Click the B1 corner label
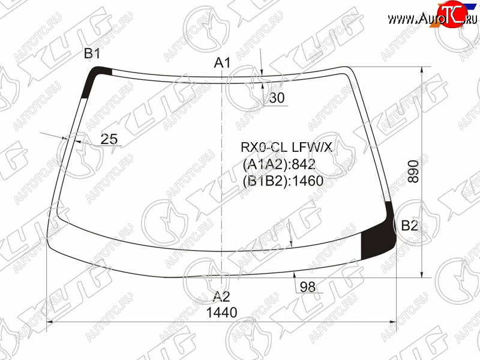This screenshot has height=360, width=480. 92,53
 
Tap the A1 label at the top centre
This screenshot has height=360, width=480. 222,63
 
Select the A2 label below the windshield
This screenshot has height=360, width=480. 221,296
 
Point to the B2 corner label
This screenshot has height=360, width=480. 409,226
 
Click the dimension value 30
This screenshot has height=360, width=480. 277,98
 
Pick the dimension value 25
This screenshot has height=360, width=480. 109,139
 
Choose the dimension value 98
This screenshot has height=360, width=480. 308,287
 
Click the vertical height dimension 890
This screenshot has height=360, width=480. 413,171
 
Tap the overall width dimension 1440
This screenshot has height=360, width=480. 221,313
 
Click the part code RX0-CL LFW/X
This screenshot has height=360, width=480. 287,148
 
